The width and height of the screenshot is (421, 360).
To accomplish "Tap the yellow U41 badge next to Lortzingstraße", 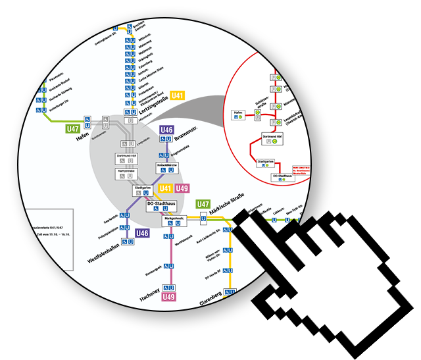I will [178, 95].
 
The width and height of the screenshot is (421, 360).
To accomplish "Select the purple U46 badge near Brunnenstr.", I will [167, 130].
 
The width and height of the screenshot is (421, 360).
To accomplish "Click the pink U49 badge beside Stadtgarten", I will [182, 189].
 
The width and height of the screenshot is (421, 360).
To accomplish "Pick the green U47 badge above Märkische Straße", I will [203, 204].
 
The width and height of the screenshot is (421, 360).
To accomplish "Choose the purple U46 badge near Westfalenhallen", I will [143, 233].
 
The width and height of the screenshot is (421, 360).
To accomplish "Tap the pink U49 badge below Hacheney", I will [169, 297].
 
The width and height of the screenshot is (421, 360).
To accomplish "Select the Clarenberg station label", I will [212, 303].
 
